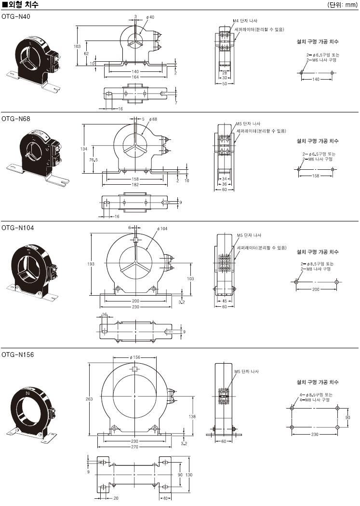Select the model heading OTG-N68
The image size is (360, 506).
point(15,118)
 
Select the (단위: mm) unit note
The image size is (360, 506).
point(342,5)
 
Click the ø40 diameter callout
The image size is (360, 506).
point(149,17)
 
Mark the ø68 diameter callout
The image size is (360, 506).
point(153,119)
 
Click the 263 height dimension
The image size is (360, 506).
point(89,399)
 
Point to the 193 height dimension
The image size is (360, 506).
point(92,264)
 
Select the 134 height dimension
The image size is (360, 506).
point(84,149)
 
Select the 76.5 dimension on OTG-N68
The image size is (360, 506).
point(93,160)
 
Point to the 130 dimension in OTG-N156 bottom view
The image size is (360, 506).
point(189,475)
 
